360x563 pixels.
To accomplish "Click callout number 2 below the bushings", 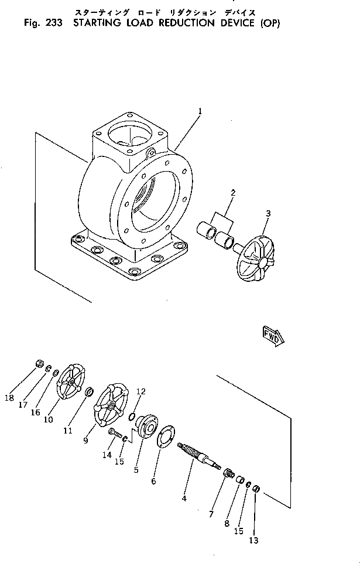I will [x=232, y=193].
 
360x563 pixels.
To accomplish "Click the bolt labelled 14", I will [x=114, y=435].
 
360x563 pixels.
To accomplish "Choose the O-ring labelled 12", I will [x=133, y=417].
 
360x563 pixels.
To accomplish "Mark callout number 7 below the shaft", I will [x=211, y=514].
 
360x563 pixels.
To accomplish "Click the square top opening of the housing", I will [x=130, y=133].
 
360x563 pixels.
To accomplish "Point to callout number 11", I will [x=68, y=430].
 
